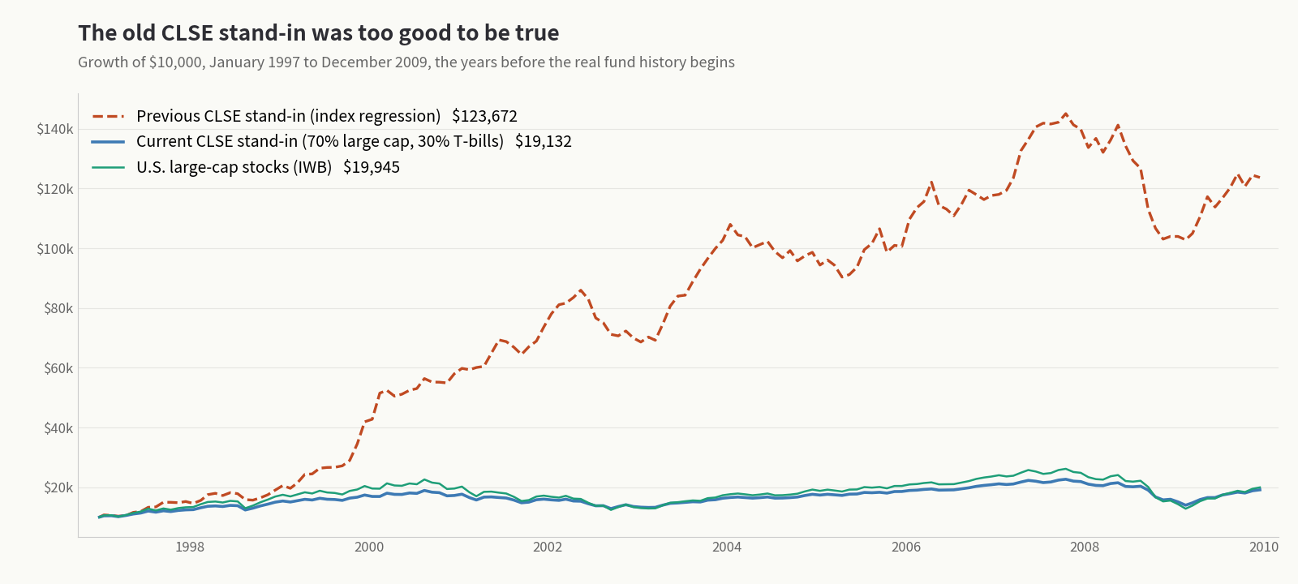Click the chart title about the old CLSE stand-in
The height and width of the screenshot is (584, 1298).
(x=319, y=33)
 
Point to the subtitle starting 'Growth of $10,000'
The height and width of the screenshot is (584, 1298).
(x=406, y=62)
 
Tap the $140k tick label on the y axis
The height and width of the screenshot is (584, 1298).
(x=55, y=129)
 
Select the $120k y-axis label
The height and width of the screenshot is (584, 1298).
(x=55, y=189)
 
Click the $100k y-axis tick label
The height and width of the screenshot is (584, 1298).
(x=55, y=249)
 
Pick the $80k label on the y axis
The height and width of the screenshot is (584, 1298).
(x=58, y=308)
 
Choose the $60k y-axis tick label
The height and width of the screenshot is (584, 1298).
(x=58, y=368)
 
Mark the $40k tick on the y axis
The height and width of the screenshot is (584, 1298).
(x=58, y=428)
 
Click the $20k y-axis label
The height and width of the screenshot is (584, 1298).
(x=58, y=487)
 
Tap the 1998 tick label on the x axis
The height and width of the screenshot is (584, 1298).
(x=190, y=547)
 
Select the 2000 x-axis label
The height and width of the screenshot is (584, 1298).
(x=369, y=547)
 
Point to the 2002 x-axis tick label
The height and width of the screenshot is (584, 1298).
(x=548, y=547)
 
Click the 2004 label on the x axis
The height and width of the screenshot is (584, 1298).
(x=727, y=547)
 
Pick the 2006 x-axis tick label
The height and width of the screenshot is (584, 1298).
(x=905, y=547)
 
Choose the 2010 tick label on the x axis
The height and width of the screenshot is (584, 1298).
(x=1264, y=547)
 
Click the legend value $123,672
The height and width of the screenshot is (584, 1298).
(x=484, y=117)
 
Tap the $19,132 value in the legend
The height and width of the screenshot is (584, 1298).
(x=544, y=142)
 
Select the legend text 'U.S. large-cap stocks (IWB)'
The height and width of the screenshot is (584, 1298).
(x=234, y=167)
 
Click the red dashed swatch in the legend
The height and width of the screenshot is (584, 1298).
(x=109, y=117)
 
